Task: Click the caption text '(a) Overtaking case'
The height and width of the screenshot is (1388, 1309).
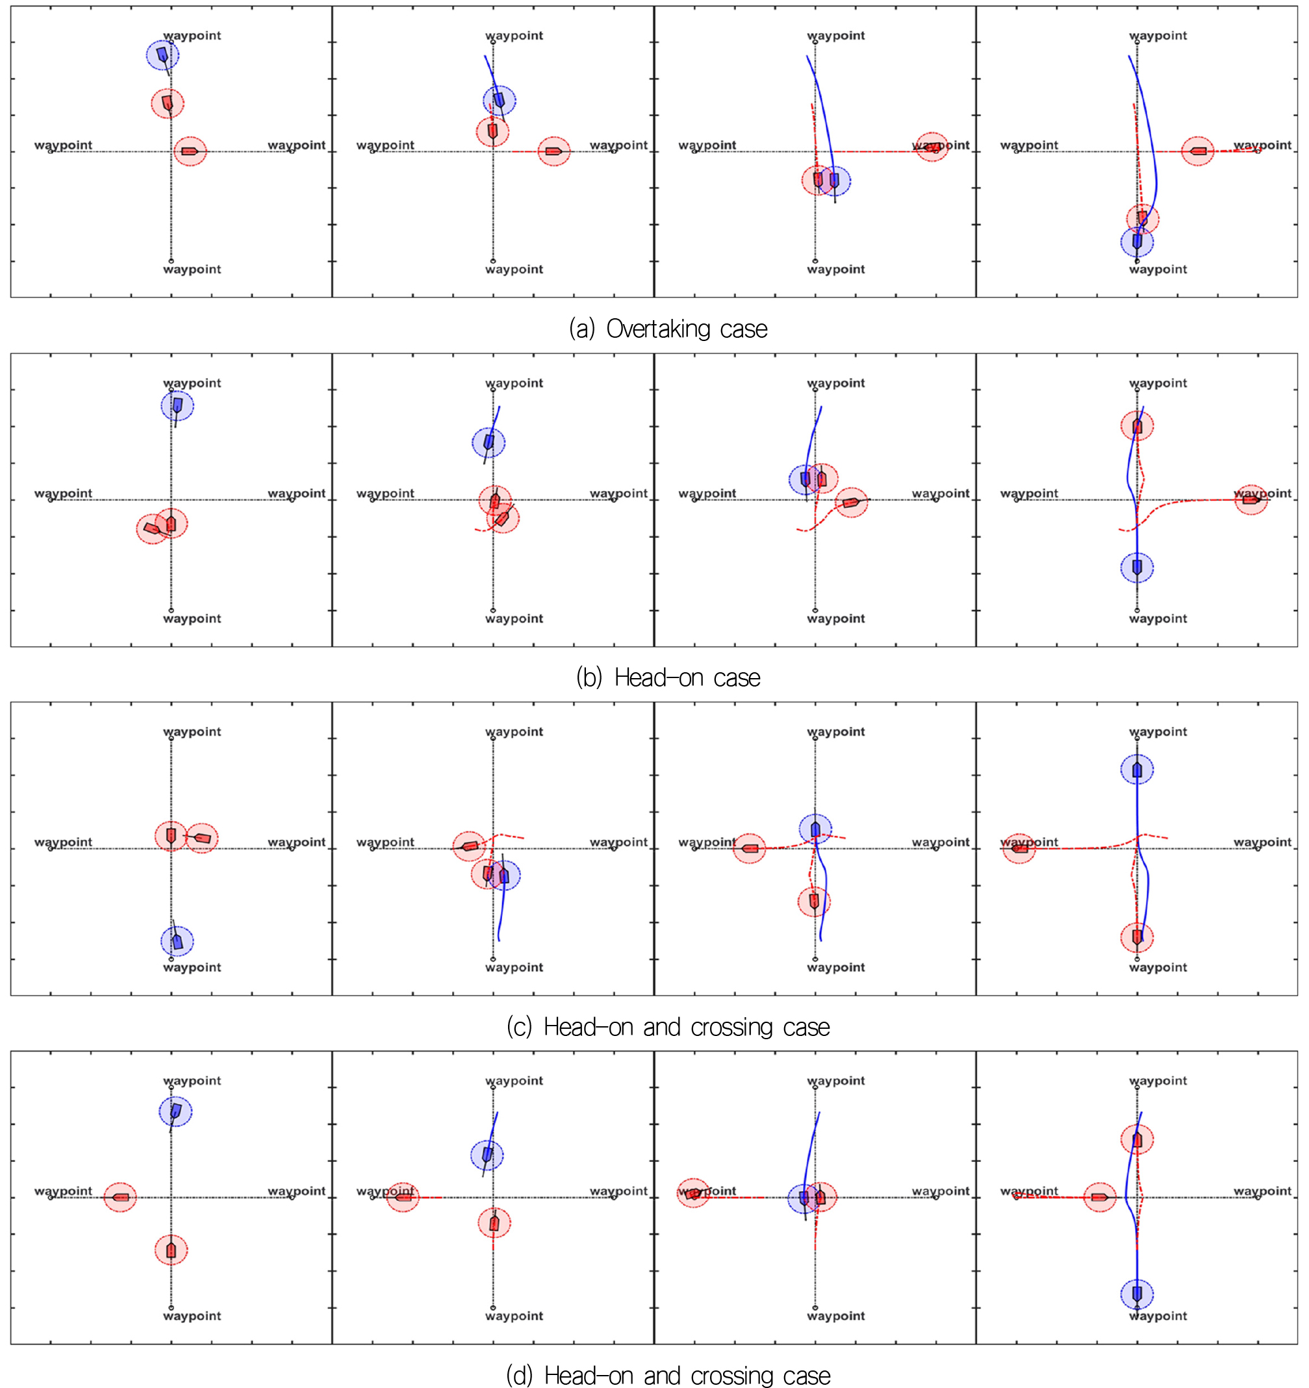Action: (x=668, y=329)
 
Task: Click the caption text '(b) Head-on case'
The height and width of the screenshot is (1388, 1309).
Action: (x=668, y=677)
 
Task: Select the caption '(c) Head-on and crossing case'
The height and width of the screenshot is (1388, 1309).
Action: (x=668, y=1027)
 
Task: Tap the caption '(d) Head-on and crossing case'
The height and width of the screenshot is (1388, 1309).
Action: (x=668, y=1375)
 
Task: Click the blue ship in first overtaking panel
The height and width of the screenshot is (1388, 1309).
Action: (x=162, y=55)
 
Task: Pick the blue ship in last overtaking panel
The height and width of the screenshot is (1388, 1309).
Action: (x=1137, y=242)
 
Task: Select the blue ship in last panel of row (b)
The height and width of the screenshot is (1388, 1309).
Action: (x=1137, y=567)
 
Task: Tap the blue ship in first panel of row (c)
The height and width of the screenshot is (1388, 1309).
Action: (x=177, y=940)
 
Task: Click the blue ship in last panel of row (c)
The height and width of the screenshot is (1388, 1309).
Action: (x=1137, y=770)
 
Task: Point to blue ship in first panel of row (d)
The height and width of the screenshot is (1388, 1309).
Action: (x=175, y=1111)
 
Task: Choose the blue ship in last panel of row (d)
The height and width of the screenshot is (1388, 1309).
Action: (x=1137, y=1294)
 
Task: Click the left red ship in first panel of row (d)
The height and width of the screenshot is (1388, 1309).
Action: (x=120, y=1198)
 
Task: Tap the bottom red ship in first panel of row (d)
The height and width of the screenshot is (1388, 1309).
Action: (x=171, y=1250)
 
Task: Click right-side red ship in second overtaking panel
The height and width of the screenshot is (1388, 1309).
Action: (x=554, y=151)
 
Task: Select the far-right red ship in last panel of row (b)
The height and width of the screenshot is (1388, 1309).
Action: (x=1251, y=500)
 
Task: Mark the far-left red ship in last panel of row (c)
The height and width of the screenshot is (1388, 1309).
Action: (x=1019, y=848)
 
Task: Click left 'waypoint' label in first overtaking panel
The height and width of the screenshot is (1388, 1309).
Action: (x=64, y=145)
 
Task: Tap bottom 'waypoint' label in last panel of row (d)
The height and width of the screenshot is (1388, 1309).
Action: (x=1158, y=1315)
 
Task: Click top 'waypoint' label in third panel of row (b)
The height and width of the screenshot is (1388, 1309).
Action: (x=835, y=383)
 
